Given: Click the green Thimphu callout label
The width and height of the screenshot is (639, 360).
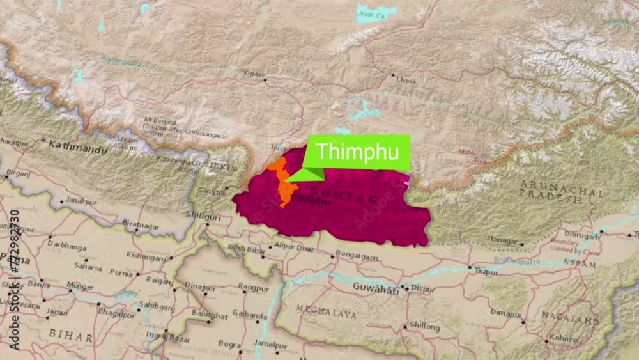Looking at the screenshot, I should [x=358, y=152].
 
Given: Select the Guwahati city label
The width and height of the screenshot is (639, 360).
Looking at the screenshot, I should [x=376, y=288].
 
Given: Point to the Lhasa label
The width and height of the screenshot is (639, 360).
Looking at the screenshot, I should [x=406, y=81].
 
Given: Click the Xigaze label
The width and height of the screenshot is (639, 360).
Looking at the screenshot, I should [x=254, y=74].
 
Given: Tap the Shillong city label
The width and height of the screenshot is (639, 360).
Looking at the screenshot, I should [x=424, y=327].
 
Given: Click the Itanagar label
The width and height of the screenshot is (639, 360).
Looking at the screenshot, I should [x=502, y=240].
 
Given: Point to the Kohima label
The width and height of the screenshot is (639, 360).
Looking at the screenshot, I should [x=564, y=337].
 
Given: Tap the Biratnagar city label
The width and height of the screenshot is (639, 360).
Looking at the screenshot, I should [x=140, y=225].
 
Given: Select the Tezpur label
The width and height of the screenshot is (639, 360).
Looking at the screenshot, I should [x=486, y=271].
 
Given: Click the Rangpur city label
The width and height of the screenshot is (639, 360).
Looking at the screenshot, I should [x=254, y=287].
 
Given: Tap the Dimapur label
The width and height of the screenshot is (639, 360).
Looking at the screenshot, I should [x=505, y=312].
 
